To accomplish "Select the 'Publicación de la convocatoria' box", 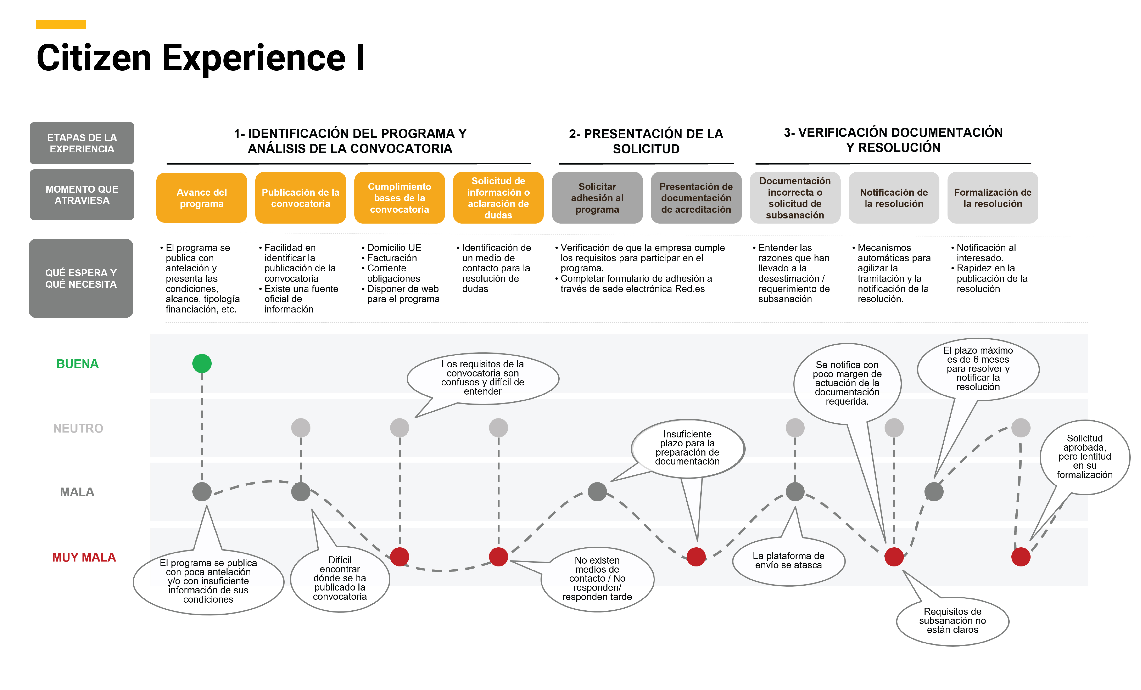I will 301,198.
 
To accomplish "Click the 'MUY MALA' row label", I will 84,557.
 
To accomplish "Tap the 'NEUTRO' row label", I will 78,428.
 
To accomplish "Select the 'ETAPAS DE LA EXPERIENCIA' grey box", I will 82,143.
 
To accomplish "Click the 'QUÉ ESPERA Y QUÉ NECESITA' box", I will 81,278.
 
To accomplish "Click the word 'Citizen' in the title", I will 94,58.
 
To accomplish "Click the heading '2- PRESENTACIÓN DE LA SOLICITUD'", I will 646,141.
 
